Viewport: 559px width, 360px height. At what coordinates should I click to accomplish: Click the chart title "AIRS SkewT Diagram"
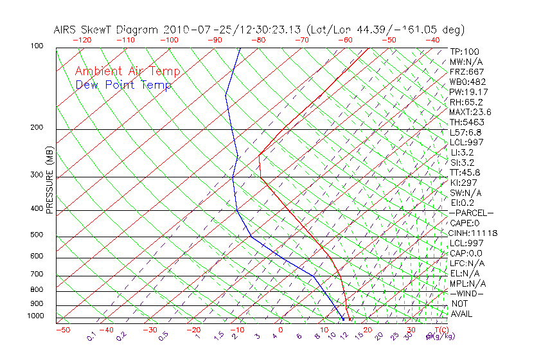point(107,30)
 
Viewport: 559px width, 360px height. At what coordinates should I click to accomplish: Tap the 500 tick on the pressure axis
point(36,235)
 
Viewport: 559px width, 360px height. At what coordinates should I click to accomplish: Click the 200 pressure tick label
point(36,128)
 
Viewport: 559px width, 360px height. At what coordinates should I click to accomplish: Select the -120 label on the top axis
point(82,40)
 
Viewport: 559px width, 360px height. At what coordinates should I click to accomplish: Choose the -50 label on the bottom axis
point(62,330)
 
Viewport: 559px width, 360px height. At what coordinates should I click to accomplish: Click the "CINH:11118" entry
point(474,233)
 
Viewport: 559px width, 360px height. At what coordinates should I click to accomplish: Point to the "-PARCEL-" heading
point(471,213)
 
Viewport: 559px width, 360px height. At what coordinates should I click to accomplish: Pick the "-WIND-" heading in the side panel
point(466,293)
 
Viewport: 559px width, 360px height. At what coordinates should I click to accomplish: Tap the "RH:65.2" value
point(466,102)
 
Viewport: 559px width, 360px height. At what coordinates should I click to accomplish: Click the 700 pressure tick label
point(36,275)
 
